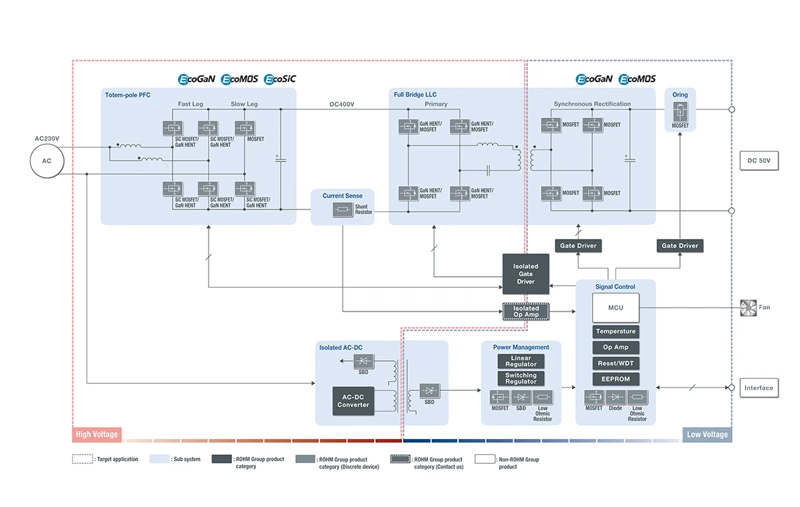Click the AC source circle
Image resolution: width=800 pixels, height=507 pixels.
point(47,161)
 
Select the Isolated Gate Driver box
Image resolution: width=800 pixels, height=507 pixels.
point(525,274)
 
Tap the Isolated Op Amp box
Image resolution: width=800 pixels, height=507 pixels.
point(525,312)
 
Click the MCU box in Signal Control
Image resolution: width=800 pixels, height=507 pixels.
point(615,307)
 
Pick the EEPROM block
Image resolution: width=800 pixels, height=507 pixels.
point(615,379)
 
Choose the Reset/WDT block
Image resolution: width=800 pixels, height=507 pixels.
point(615,363)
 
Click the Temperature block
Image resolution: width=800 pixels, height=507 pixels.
point(615,332)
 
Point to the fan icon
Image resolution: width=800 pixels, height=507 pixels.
point(749,307)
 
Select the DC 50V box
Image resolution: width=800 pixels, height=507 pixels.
point(759,161)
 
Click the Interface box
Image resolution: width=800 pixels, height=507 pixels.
point(759,388)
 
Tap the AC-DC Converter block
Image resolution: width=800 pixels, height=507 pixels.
point(353,400)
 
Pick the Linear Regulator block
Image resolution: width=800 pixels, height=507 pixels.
point(521,361)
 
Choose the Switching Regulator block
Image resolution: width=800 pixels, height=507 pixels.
point(521,378)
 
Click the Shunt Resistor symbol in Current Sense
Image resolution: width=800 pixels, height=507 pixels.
point(343,210)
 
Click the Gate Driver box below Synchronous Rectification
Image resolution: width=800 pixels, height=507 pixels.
point(577,245)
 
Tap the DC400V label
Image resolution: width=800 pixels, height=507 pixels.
point(341,104)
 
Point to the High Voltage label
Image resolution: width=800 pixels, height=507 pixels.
point(97,434)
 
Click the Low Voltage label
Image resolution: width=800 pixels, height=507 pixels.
point(707,434)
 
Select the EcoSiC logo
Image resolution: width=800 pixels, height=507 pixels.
point(280,79)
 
